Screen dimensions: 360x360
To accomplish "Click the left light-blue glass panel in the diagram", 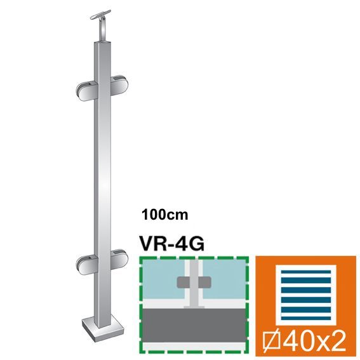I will (x=160, y=283).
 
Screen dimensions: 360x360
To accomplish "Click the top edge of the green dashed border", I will (x=192, y=257).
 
